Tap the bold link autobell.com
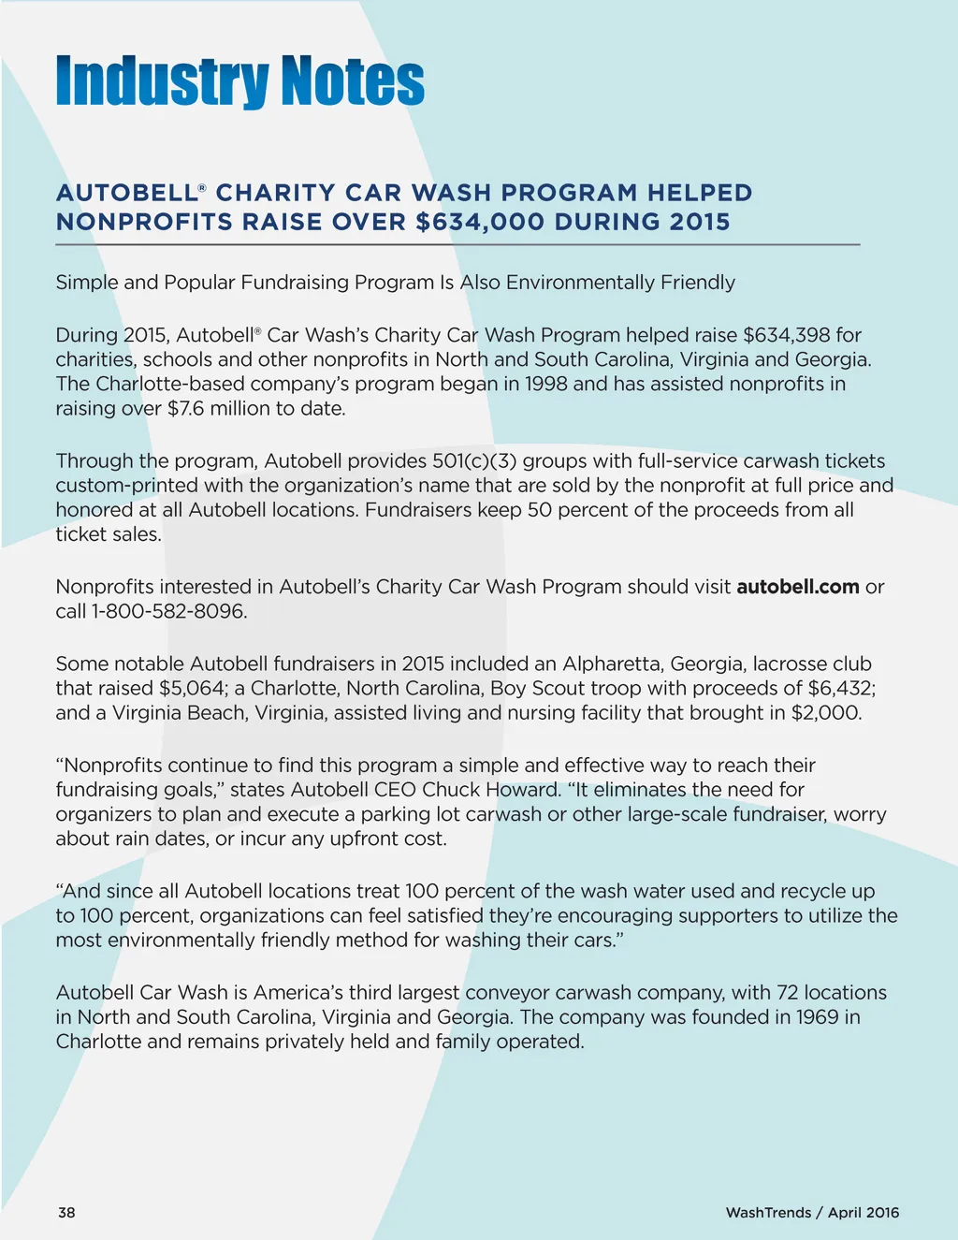coord(797,587)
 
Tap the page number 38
coord(66,1212)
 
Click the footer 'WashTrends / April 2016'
coord(812,1212)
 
